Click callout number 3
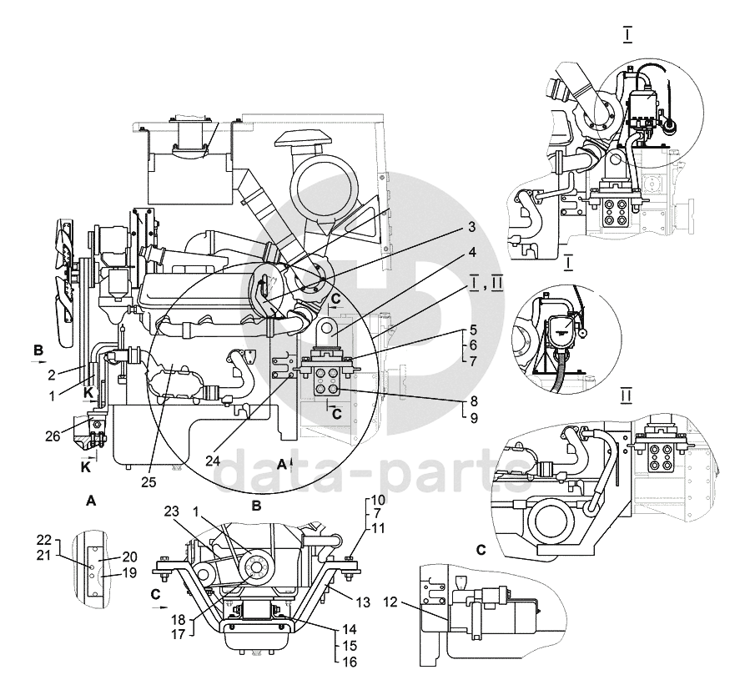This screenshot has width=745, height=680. pyautogui.click(x=471, y=227)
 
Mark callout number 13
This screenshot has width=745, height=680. pyautogui.click(x=362, y=600)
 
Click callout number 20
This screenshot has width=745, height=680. pyautogui.click(x=129, y=556)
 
